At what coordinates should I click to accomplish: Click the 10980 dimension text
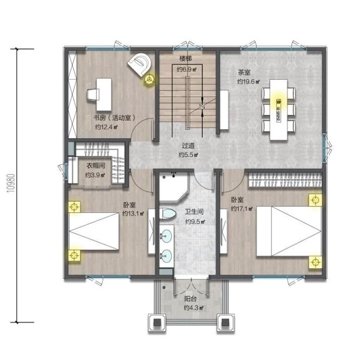click(11, 183)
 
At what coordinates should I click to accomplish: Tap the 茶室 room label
click(244, 72)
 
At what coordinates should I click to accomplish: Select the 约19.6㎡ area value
click(248, 81)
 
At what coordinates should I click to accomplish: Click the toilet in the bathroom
click(168, 213)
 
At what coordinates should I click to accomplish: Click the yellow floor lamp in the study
click(149, 80)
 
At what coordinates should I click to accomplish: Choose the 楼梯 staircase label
click(185, 58)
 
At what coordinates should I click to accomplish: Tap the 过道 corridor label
click(188, 145)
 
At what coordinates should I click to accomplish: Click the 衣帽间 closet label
click(95, 165)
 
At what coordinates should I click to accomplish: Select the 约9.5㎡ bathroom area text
click(195, 221)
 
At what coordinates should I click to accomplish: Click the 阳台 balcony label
click(190, 299)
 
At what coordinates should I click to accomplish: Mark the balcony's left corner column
click(157, 323)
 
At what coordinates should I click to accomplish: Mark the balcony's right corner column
click(225, 323)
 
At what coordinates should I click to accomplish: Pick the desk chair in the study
click(93, 94)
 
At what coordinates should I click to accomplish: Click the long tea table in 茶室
click(279, 109)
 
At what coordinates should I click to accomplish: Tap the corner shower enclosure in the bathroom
click(174, 187)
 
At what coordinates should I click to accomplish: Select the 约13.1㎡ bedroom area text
click(133, 214)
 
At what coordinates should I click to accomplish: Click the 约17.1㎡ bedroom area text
click(242, 209)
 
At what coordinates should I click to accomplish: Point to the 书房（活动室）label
click(114, 118)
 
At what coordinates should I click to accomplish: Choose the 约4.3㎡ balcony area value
click(193, 308)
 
